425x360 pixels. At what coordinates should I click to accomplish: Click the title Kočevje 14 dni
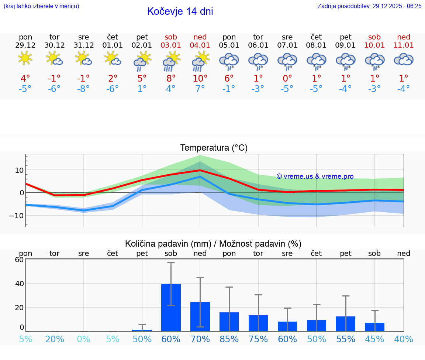[x=180, y=11]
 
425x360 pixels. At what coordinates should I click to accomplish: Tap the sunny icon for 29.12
[x=25, y=58]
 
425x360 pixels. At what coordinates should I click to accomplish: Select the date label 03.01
[x=171, y=45]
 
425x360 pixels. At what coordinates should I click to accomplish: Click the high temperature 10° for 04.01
[x=200, y=79]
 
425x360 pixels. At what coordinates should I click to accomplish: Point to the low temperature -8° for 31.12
[x=83, y=89]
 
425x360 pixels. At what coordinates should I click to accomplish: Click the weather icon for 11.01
[x=404, y=59]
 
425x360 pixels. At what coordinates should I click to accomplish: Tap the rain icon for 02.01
[x=142, y=61]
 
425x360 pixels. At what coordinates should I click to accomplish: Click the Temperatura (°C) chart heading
[x=214, y=148]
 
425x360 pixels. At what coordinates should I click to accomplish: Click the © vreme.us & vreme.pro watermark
[x=315, y=176]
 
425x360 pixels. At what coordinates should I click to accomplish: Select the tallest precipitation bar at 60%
[x=171, y=307]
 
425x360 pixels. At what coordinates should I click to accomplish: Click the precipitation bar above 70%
[x=200, y=316]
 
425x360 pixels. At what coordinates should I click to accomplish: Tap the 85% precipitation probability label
[x=229, y=339]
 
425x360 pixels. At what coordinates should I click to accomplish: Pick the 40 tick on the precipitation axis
[x=19, y=283]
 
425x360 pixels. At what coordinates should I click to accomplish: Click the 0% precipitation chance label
[x=84, y=339]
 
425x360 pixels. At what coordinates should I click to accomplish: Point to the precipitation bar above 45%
[x=374, y=327]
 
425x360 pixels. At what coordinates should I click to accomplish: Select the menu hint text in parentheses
[x=41, y=6]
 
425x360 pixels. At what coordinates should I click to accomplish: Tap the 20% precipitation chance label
[x=55, y=339]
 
